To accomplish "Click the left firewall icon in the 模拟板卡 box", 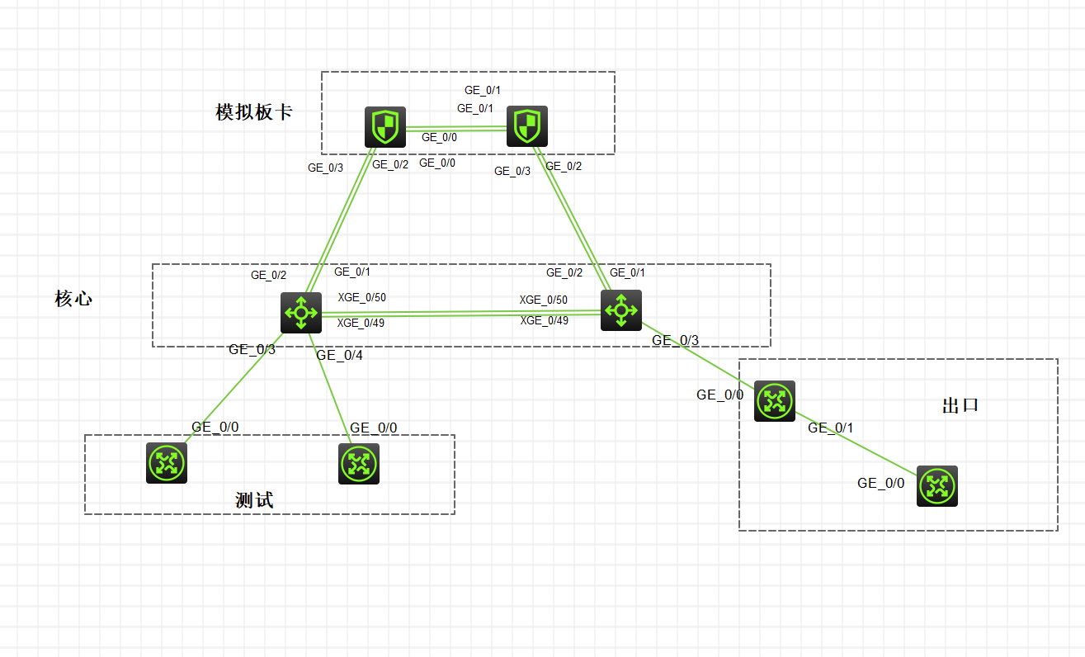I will tap(385, 126).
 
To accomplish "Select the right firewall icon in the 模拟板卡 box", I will tap(527, 126).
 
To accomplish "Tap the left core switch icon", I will tap(301, 313).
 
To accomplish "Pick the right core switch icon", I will tap(620, 310).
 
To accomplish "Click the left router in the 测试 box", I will tap(167, 463).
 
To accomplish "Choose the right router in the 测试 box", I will tap(359, 463).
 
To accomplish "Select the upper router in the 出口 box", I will tap(774, 401).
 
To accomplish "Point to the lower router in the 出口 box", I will tap(937, 485).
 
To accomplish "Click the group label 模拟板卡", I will tap(254, 112).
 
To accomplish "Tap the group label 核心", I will tap(74, 299).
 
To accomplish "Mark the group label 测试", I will tap(254, 500).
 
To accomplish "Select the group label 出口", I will tap(960, 406).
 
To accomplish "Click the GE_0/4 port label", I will tap(339, 356).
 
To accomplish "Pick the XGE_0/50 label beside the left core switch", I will tap(361, 297).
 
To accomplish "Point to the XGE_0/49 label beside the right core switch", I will tap(544, 320).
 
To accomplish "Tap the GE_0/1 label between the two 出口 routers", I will tap(831, 428).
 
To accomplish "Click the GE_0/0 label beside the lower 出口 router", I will tap(881, 483).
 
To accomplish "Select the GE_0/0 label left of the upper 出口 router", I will tap(719, 395).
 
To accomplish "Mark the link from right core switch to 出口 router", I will tap(697, 355).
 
